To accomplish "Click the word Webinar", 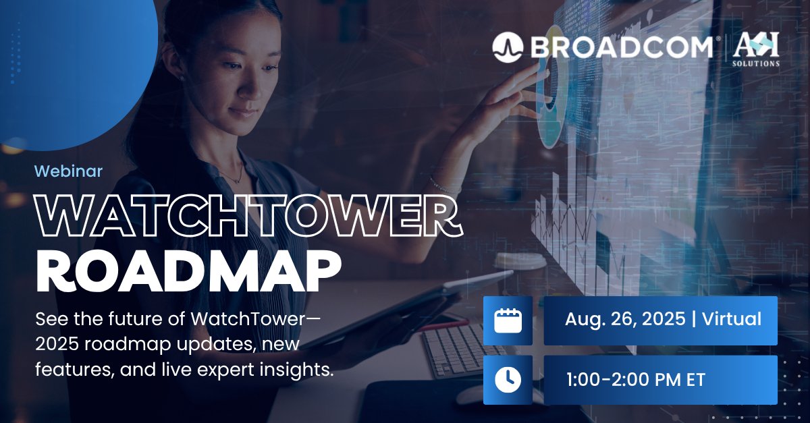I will [68, 171].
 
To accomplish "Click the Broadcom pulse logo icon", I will [508, 47].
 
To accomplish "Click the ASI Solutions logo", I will [755, 49].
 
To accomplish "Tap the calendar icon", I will [508, 320].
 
